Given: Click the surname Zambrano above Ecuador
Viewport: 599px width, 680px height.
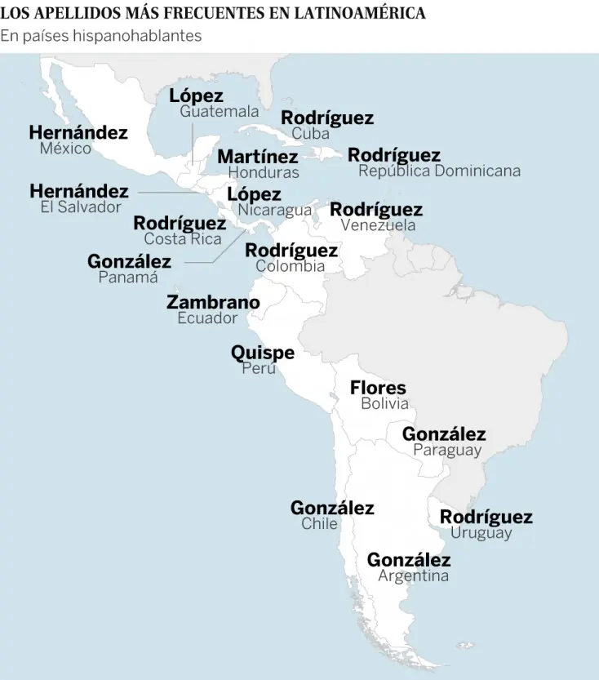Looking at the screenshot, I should (x=213, y=303).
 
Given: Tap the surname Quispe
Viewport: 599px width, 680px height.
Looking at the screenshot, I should (x=262, y=353).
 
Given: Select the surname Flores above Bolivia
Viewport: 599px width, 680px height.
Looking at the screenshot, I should (x=378, y=388).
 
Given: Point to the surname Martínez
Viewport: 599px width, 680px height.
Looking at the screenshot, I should (x=257, y=157).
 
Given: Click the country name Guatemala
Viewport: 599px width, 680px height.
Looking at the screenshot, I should (x=219, y=112).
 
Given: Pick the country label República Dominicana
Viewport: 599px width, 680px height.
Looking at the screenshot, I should (x=439, y=171).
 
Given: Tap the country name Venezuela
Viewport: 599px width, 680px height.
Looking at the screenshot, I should (x=378, y=225).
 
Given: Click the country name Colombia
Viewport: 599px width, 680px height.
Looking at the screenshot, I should (x=290, y=266).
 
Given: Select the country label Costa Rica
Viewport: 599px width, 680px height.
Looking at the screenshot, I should (x=183, y=239).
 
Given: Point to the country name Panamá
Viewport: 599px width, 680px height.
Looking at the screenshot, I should (x=128, y=278).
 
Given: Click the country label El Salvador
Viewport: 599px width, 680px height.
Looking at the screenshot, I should (x=81, y=207).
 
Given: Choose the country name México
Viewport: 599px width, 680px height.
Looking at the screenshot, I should (x=65, y=149).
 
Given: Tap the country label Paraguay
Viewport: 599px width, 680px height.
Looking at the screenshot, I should (x=447, y=450).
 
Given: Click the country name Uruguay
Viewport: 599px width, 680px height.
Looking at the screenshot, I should (x=481, y=533).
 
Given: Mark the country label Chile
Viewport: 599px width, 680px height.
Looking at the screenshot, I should (x=319, y=524).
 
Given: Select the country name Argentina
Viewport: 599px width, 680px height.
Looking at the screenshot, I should (x=413, y=576).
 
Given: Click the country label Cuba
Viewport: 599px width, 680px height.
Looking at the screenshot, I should (x=310, y=133).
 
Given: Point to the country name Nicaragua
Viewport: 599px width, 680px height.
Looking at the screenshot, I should (x=275, y=210).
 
